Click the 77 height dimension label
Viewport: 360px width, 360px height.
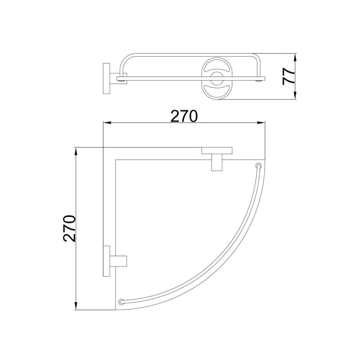coord(288,76)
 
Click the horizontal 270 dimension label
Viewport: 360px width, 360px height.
coord(184,116)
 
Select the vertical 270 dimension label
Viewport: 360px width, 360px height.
coord(69,229)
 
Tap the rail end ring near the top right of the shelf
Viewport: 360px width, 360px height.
coord(259,165)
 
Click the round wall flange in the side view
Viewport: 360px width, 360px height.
coord(107,78)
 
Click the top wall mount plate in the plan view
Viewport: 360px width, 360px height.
coord(217,151)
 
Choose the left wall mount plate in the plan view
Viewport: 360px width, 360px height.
coord(107,261)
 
